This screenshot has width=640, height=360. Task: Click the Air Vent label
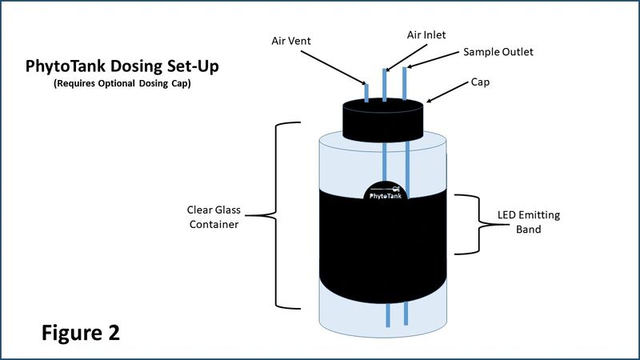(291, 41)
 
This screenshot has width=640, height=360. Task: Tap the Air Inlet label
(426, 34)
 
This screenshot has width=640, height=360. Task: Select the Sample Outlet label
(498, 52)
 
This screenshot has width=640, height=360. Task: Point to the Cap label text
(480, 82)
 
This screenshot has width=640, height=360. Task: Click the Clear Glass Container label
(214, 217)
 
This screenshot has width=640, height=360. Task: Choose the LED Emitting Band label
(529, 222)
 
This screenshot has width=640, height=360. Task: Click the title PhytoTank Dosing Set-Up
(122, 66)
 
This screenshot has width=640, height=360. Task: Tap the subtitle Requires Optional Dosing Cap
(122, 83)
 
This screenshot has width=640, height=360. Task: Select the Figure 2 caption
(81, 333)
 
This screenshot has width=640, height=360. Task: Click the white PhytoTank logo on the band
(386, 193)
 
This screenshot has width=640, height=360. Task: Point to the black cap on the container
(383, 120)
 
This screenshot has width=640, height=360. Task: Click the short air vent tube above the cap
(366, 93)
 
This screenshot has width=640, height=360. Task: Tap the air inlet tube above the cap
(385, 85)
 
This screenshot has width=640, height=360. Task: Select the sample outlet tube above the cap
(405, 84)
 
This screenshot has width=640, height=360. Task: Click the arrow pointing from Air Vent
(334, 68)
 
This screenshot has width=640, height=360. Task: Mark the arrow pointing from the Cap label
(447, 92)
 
